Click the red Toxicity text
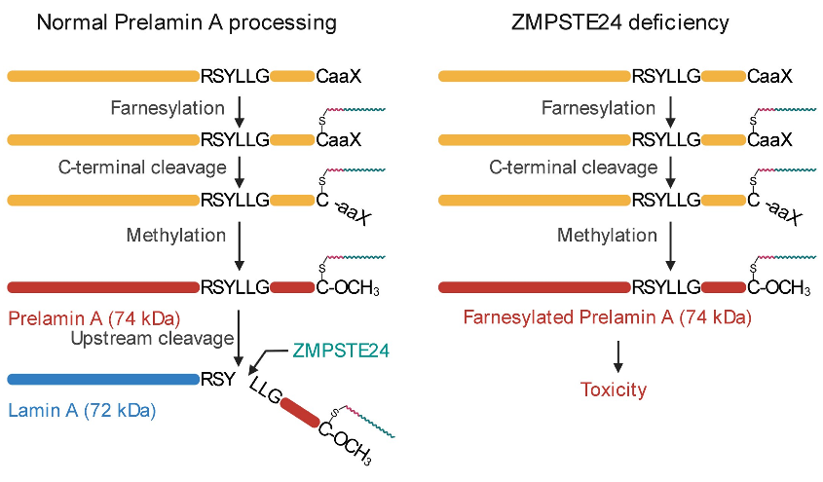click(614, 389)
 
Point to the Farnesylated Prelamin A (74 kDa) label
click(607, 317)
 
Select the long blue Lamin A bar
click(102, 379)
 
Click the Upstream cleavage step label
click(151, 338)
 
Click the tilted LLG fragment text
click(266, 391)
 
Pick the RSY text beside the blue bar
click(217, 379)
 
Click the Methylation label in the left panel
click(176, 235)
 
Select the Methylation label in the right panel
click(608, 235)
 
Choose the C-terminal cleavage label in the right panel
click(574, 168)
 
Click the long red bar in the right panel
click(534, 287)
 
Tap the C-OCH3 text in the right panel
click(779, 288)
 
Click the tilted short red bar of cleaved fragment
click(301, 418)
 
